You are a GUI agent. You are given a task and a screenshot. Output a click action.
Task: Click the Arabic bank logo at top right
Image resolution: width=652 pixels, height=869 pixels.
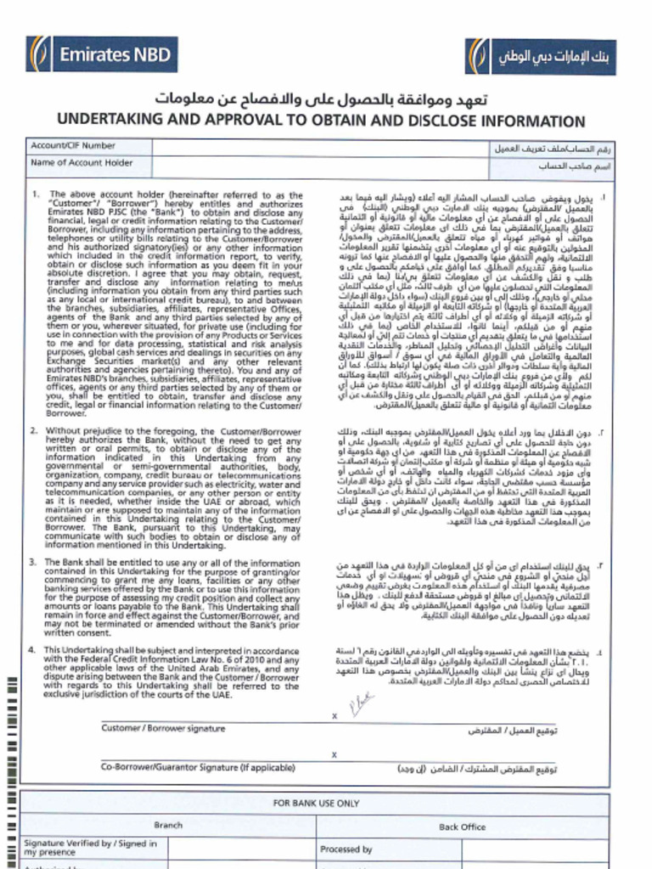point(550,57)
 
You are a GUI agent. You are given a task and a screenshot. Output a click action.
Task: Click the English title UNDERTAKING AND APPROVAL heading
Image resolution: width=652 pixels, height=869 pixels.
point(321,121)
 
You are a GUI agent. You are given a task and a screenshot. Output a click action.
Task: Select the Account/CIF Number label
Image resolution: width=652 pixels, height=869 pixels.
point(73,147)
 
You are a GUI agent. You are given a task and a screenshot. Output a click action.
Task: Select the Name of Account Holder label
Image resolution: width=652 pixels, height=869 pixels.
point(81,163)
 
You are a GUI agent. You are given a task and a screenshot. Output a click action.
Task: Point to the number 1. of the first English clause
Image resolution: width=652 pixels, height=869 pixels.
point(36,194)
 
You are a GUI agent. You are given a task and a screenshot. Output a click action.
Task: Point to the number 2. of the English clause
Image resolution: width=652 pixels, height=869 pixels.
point(36,431)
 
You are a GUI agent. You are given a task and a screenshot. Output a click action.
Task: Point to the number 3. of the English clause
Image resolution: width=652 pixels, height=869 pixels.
point(36,563)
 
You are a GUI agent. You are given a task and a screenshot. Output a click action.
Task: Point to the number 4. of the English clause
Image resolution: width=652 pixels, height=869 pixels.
point(36,650)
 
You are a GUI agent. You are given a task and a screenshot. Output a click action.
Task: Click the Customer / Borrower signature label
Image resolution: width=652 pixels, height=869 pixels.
point(163,728)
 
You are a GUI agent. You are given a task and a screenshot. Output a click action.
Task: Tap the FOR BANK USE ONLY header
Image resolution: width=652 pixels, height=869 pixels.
point(316,803)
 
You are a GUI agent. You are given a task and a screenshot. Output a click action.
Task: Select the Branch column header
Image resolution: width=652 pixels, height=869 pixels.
point(167,825)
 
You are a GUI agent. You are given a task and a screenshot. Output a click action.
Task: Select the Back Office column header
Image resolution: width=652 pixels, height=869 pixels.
point(462,826)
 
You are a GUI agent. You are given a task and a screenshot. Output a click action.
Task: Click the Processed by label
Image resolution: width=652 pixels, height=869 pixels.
point(346,849)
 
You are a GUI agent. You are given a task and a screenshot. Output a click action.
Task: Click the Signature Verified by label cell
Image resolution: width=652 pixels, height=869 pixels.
point(90,847)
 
